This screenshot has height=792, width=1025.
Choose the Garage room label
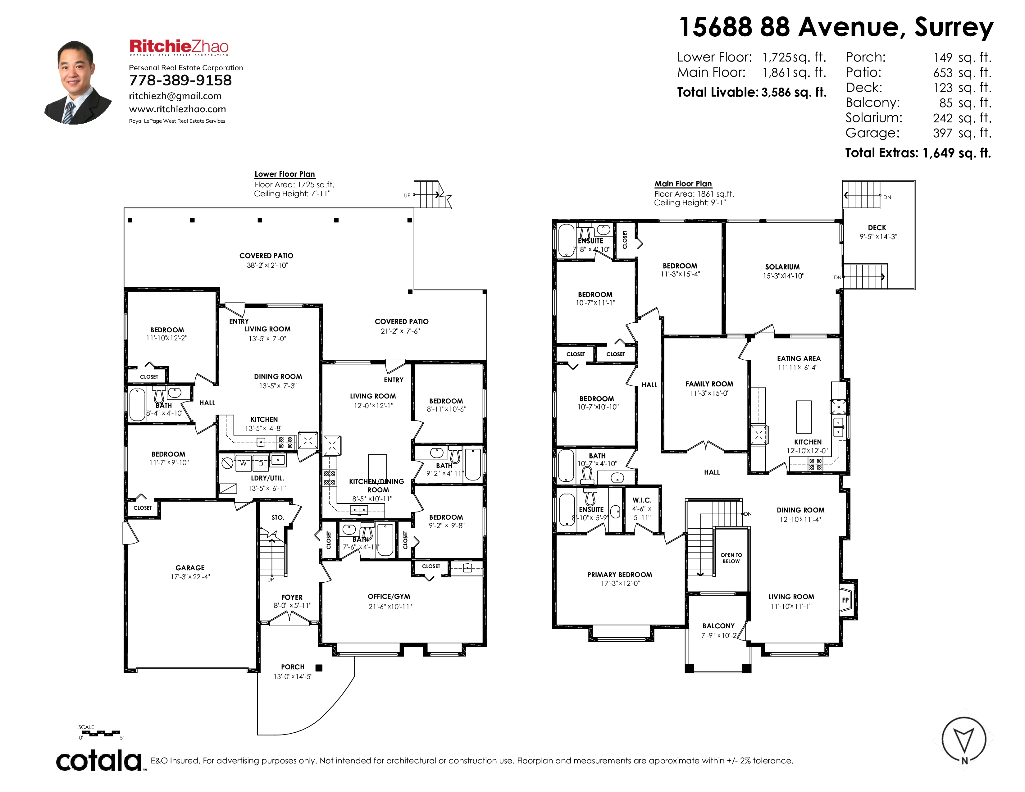pyautogui.click(x=190, y=568)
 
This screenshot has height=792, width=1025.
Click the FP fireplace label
pyautogui.click(x=845, y=600)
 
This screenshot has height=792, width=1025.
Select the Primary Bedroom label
pyautogui.click(x=620, y=575)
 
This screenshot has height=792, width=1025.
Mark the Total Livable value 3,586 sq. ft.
pyautogui.click(x=794, y=93)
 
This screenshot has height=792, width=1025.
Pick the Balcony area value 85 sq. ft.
pyautogui.click(x=962, y=103)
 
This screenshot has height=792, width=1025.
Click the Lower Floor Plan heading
pyautogui.click(x=285, y=174)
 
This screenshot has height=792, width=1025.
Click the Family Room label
pyautogui.click(x=709, y=384)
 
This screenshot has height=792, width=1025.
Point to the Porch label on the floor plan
pyautogui.click(x=292, y=667)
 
